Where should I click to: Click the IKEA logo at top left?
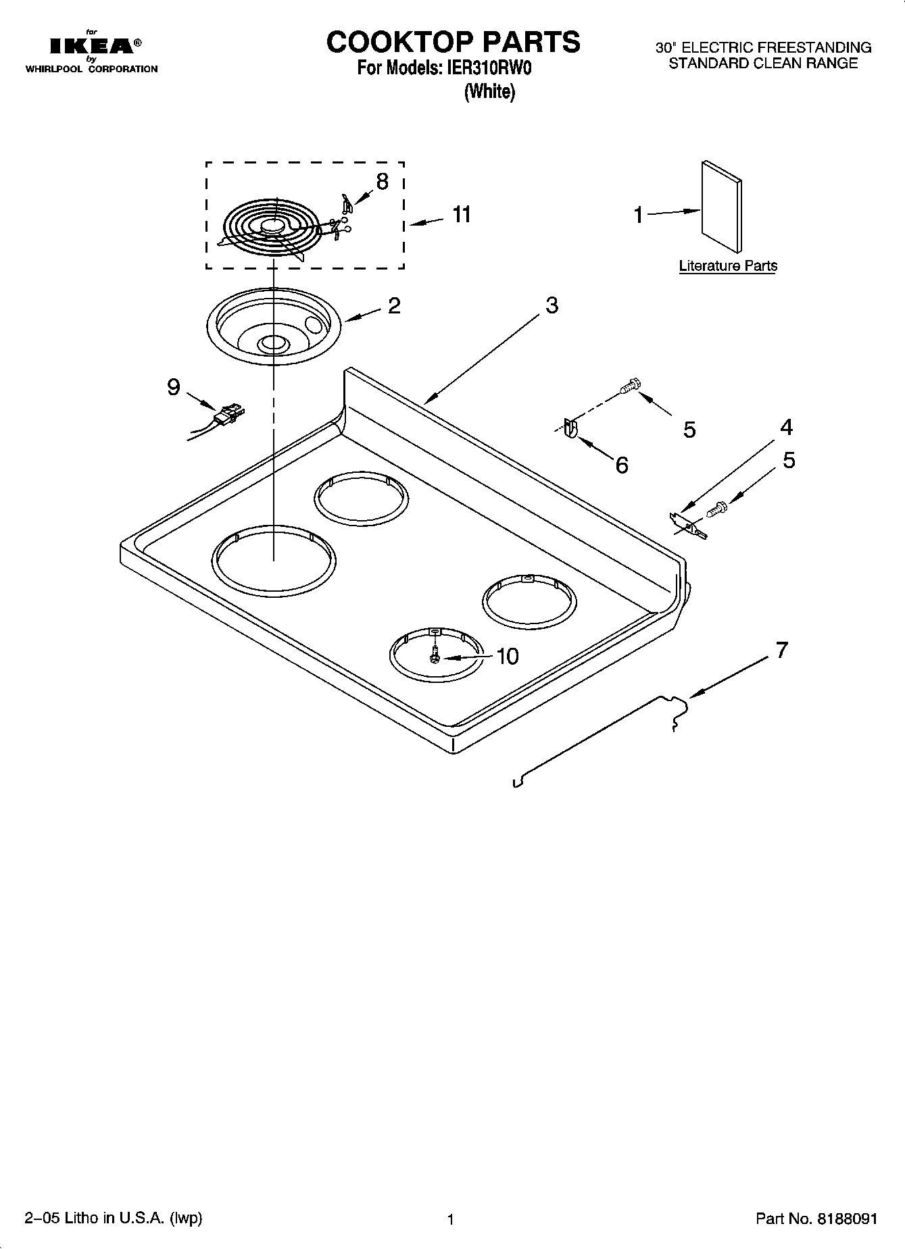(x=92, y=47)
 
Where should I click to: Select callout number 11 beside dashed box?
(x=462, y=214)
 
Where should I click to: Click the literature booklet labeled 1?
(x=721, y=208)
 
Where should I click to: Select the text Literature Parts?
(x=728, y=266)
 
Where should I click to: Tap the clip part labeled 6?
(x=569, y=429)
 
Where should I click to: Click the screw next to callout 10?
(x=436, y=654)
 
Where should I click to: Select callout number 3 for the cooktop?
(x=552, y=305)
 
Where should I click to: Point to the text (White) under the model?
(x=490, y=91)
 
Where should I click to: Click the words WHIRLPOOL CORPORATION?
(x=91, y=69)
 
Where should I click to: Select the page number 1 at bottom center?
(x=449, y=1219)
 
